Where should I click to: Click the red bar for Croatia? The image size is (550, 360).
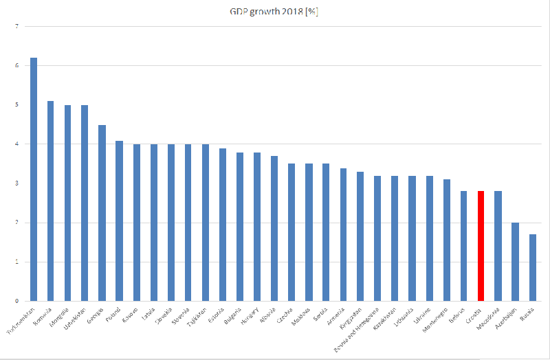pos(481,246)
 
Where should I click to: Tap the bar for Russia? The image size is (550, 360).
pos(533,268)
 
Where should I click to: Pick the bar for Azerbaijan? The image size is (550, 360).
pos(516,262)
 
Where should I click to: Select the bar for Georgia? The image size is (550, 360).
pos(102,213)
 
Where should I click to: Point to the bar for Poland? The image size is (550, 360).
pos(119,221)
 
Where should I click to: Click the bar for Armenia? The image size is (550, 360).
pos(343,234)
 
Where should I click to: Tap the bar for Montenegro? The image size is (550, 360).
pos(447,240)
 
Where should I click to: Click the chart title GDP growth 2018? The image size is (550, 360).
pos(274,12)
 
